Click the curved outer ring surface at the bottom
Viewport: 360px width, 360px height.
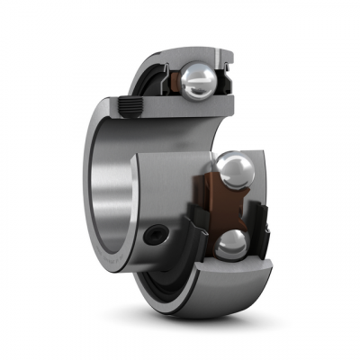point(216,288)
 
